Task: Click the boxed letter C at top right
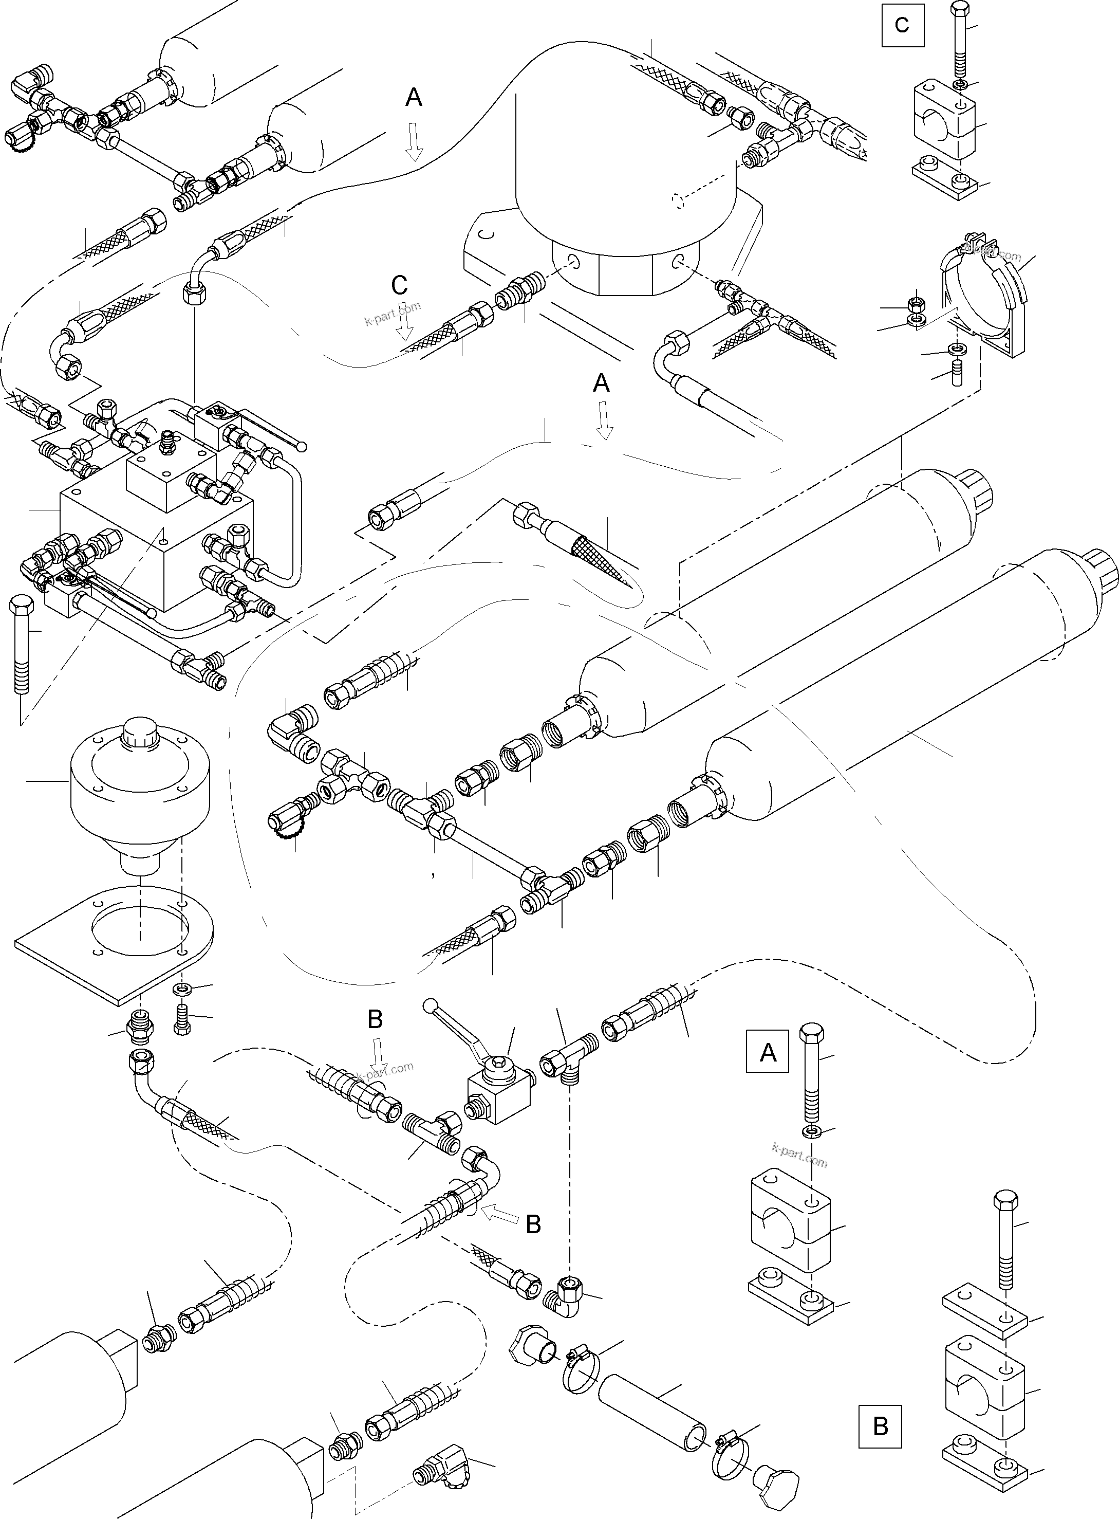pyautogui.click(x=902, y=25)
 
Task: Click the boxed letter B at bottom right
pyautogui.click(x=880, y=1426)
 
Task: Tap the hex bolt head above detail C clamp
pyautogui.click(x=960, y=9)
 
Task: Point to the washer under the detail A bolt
pyautogui.click(x=809, y=1131)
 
